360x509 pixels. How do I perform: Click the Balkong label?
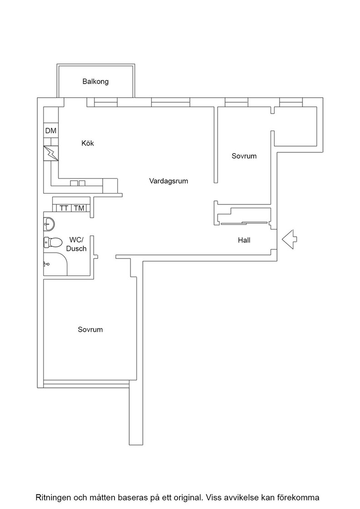tap(95, 81)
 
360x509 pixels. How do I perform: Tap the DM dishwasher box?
tap(50, 131)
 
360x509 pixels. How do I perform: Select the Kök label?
tap(88, 143)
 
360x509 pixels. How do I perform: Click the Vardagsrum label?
tap(169, 181)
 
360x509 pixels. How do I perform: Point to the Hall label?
tap(244, 240)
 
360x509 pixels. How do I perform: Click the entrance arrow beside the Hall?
tap(289, 240)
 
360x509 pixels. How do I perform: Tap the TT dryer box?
tap(64, 208)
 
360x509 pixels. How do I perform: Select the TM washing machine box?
tap(79, 208)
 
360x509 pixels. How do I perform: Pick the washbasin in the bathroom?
tap(49, 224)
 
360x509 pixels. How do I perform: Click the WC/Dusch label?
tap(76, 244)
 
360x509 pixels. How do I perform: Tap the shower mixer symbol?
tap(46, 264)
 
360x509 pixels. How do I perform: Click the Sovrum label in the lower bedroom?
tap(90, 330)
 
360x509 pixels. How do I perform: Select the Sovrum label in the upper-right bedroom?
tap(244, 156)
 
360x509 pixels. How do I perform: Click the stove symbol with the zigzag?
tap(51, 153)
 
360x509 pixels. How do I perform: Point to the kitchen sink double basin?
tap(78, 183)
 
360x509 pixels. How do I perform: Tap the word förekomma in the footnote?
tap(302, 498)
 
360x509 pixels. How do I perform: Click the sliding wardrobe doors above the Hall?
tap(245, 223)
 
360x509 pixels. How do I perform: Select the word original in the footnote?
tap(188, 498)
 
